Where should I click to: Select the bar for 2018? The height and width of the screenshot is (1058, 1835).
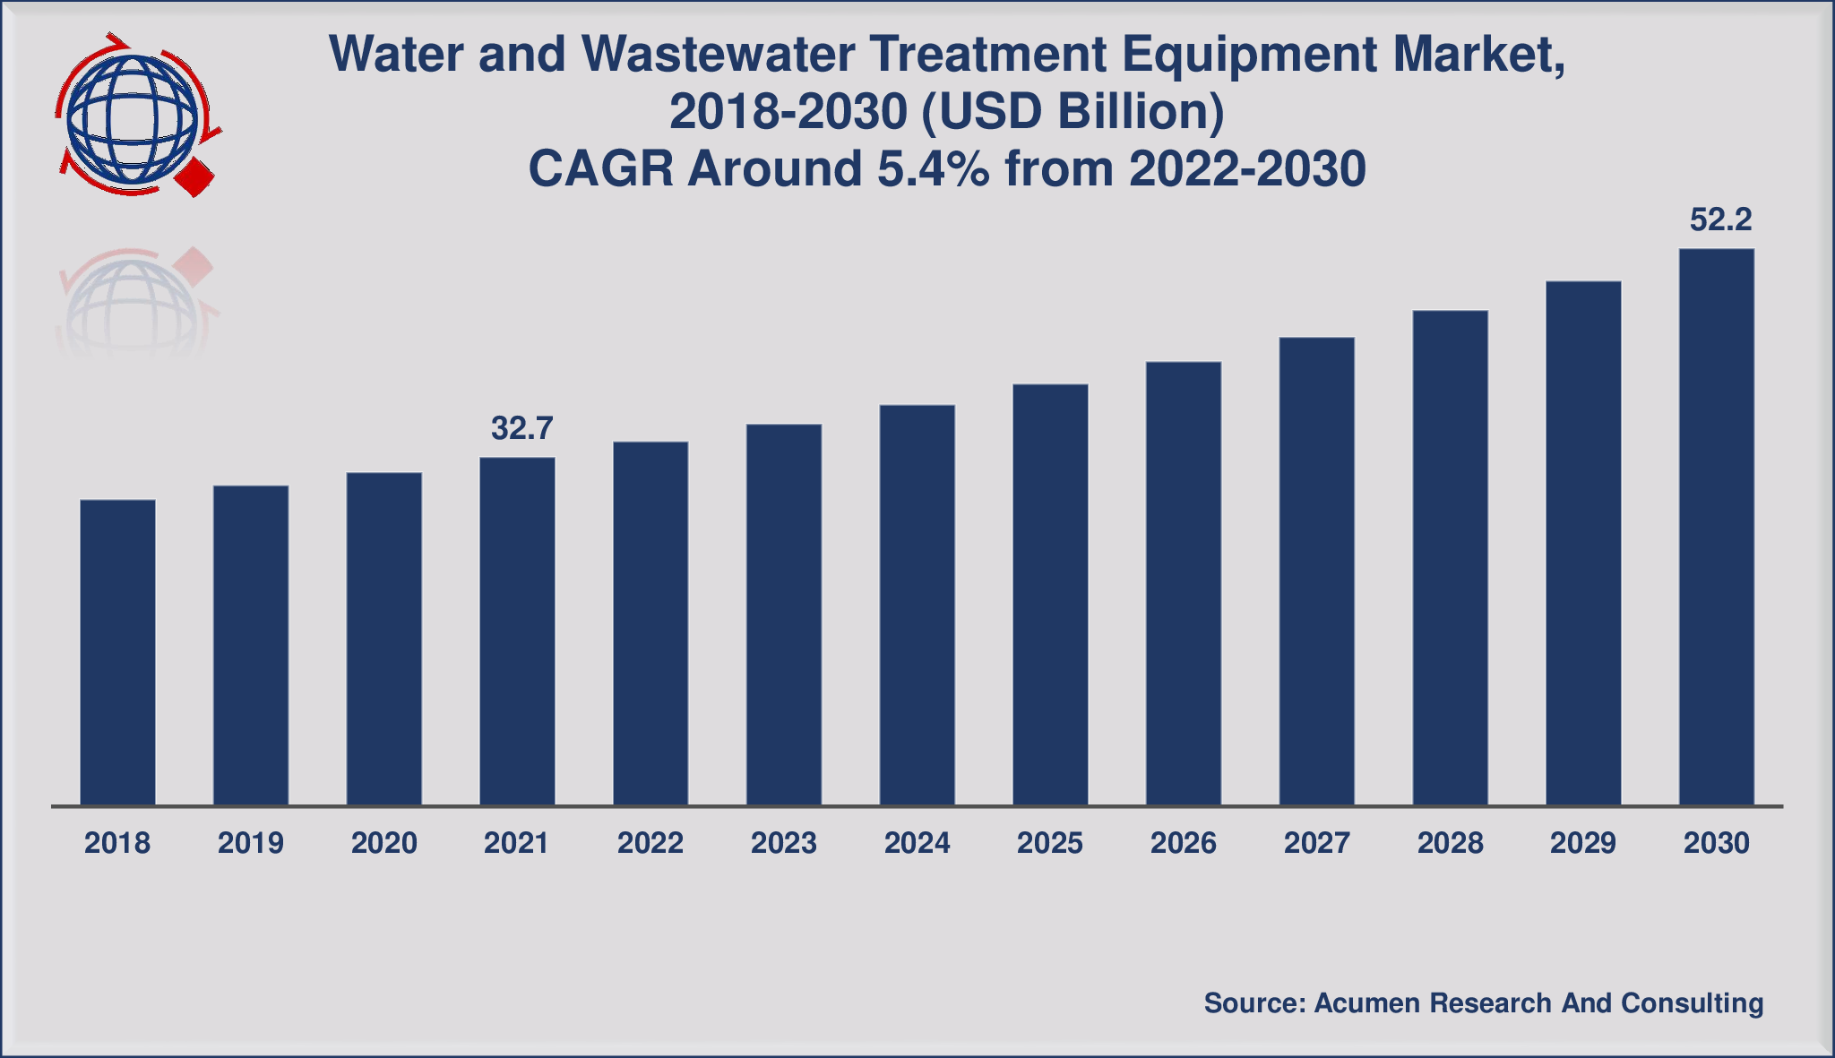coord(117,652)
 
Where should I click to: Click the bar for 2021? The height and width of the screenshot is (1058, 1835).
coord(517,632)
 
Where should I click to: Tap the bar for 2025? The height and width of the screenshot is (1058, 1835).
coord(1050,595)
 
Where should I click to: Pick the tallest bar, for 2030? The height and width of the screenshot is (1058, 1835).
coord(1716,527)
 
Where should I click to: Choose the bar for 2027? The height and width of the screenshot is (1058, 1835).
coord(1316,572)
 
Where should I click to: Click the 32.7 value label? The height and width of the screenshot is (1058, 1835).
coord(521,429)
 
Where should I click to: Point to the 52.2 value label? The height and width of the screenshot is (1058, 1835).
coord(1720,220)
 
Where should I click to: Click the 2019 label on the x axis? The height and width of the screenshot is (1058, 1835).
coord(251,843)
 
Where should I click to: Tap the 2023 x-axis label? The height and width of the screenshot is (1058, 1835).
coord(784,843)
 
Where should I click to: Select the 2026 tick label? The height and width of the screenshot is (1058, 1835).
coord(1184,843)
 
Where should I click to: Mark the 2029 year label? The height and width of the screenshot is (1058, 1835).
coord(1583,843)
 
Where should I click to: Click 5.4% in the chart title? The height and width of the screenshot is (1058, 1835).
coord(933,168)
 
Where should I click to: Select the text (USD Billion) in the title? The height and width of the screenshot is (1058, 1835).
coord(1071,112)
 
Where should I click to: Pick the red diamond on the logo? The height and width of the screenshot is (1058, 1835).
coord(194,176)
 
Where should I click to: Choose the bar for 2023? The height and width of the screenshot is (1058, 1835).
coord(784,615)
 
